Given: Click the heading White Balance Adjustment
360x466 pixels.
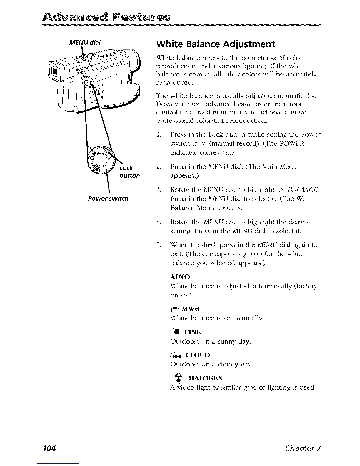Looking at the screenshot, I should point(215,44).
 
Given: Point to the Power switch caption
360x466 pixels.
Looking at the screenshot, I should point(108,198).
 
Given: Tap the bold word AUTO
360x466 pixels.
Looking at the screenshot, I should point(180,277).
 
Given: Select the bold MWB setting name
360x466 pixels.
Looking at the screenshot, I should point(190,309).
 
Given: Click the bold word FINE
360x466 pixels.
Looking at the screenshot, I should point(192,332).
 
